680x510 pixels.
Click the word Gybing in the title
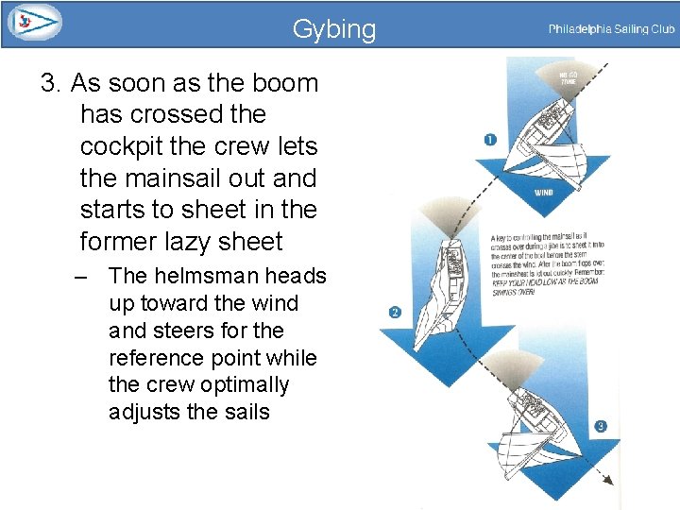pos(333,29)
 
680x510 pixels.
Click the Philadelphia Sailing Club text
pos(611,29)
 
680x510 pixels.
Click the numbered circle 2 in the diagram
pos(395,313)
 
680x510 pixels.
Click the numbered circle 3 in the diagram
pos(601,426)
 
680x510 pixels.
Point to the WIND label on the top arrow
pos(545,192)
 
